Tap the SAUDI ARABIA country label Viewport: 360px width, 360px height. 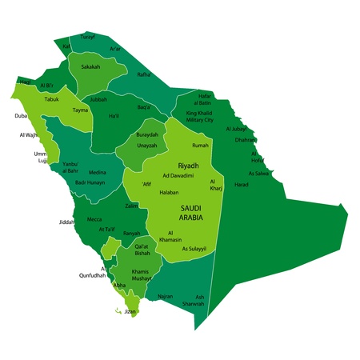pyautogui.click(x=191, y=212)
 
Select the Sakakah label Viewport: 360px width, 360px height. pyautogui.click(x=90, y=67)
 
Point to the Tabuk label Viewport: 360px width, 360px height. pyautogui.click(x=52, y=100)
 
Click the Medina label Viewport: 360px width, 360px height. pyautogui.click(x=97, y=172)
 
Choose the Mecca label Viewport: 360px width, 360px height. pyautogui.click(x=94, y=218)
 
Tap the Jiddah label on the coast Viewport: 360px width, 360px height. pyautogui.click(x=66, y=222)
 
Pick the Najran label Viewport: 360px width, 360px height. pyautogui.click(x=165, y=296)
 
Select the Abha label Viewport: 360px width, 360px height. pyautogui.click(x=120, y=285)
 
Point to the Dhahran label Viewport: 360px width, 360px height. pyautogui.click(x=246, y=140)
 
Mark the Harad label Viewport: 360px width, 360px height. pyautogui.click(x=241, y=185)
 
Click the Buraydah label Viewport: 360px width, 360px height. pyautogui.click(x=147, y=135)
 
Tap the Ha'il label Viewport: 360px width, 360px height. pyautogui.click(x=114, y=116)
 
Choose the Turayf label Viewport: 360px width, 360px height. pyautogui.click(x=87, y=37)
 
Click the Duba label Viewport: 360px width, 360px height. pyautogui.click(x=21, y=115)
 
